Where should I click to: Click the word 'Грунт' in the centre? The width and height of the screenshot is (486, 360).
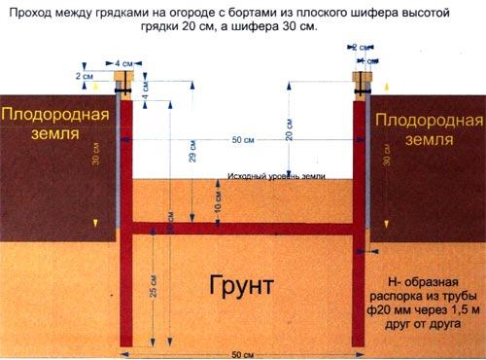coord(241,284)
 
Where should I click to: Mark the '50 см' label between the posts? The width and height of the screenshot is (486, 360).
coord(243,140)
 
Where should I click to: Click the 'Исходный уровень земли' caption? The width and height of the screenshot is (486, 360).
coord(276,177)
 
